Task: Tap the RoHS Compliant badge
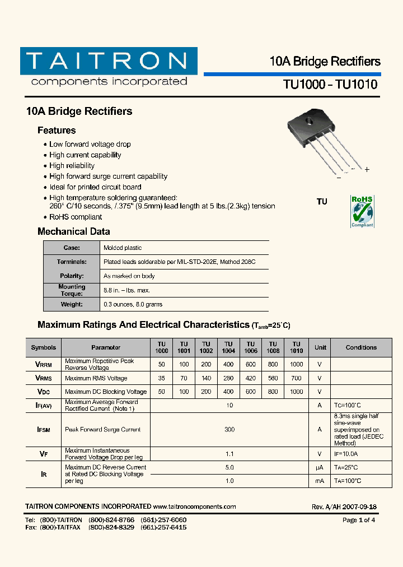[x=362, y=211]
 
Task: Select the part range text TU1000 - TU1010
[x=330, y=85]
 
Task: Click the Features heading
[x=57, y=131]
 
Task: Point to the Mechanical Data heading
[x=73, y=231]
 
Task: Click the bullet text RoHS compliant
[x=76, y=217]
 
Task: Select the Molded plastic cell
[x=123, y=248]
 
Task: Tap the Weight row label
[x=72, y=304]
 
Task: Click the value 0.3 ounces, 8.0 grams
[x=133, y=304]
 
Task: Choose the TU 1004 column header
[x=228, y=347]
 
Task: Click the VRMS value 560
[x=273, y=378]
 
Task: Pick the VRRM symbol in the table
[x=44, y=364]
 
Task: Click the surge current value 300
[x=229, y=429]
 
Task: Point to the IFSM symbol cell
[x=44, y=429]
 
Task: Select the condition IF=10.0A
[x=345, y=454]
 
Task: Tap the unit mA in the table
[x=320, y=481]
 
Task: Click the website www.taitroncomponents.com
[x=194, y=506]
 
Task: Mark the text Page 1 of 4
[x=358, y=520]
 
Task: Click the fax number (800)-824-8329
[x=111, y=528]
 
